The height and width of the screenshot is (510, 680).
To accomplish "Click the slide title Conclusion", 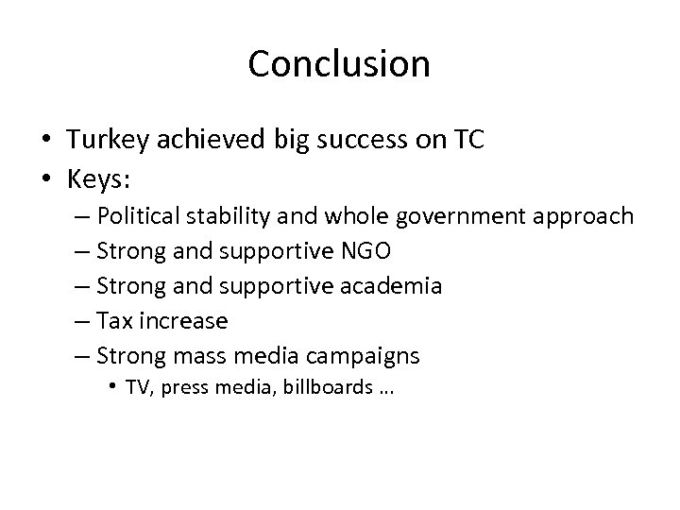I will [339, 64].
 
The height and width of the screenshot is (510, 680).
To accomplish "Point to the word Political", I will [150, 216].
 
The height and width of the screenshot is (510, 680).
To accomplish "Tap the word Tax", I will [115, 321].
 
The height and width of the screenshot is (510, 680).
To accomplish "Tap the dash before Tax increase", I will [81, 321].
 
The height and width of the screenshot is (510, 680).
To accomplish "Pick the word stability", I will [256, 216].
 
